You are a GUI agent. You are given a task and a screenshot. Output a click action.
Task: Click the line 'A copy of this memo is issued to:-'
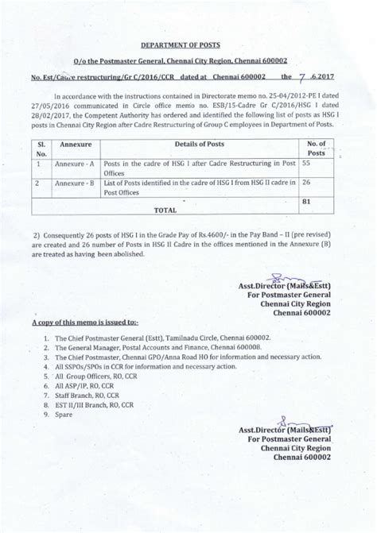(x=84, y=324)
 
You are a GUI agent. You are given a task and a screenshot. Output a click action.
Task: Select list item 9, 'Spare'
(x=60, y=414)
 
